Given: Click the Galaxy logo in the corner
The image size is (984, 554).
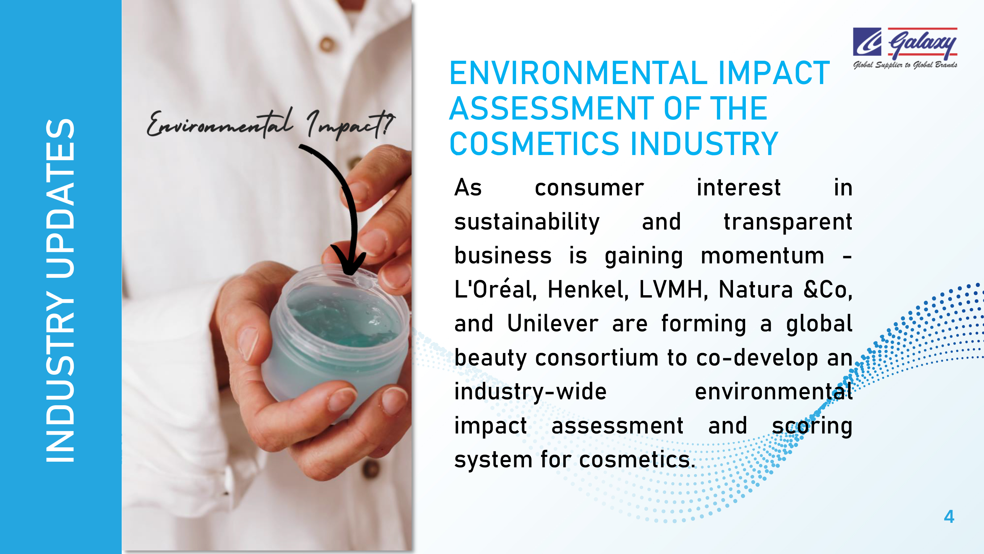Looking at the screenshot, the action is [905, 48].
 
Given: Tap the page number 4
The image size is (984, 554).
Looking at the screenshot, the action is [949, 517].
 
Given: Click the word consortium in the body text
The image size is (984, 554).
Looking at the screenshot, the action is [597, 358].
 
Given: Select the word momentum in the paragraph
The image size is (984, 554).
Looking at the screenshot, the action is [763, 256].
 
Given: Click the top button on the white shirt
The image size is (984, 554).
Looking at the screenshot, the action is [327, 44].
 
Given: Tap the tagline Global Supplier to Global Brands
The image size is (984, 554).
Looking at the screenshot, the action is [905, 65].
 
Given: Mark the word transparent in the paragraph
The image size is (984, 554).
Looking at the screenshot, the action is [788, 222].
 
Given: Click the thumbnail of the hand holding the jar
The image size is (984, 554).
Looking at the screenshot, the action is [267, 275].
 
